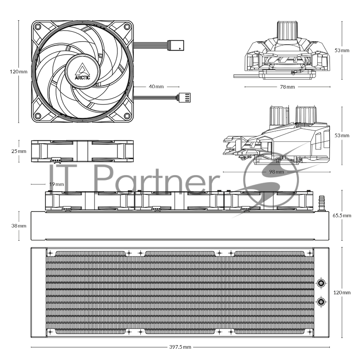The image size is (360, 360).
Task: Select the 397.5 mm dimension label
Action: click(x=180, y=347)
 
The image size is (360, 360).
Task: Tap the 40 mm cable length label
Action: click(x=156, y=86)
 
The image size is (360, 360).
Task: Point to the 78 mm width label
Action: click(x=288, y=86)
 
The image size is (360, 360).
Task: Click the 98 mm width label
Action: click(x=276, y=171)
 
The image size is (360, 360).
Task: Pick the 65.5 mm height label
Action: click(x=342, y=216)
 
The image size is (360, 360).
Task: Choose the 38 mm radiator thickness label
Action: click(x=19, y=225)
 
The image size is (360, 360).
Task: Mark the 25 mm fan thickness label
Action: click(x=19, y=151)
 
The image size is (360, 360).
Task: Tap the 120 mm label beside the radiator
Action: click(x=342, y=292)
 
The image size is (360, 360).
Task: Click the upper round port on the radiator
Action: click(x=321, y=283)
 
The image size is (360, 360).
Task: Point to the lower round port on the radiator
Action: click(x=321, y=301)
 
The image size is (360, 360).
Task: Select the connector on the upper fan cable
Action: click(x=175, y=45)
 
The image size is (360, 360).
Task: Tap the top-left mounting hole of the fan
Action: click(x=38, y=27)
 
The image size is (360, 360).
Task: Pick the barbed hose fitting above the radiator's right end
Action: click(x=321, y=202)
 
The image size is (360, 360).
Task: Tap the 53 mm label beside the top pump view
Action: click(x=342, y=50)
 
